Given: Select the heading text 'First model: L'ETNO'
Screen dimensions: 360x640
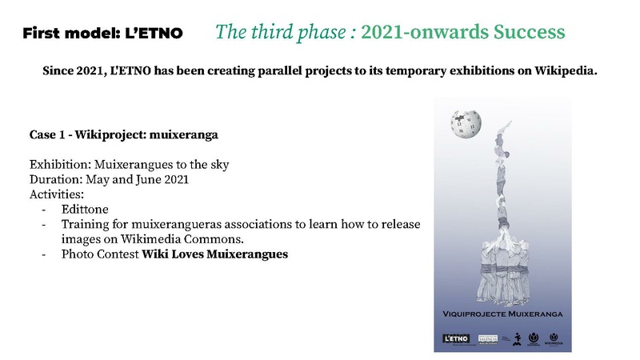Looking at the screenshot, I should (102, 34).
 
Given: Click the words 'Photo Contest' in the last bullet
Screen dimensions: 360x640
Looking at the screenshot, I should (100, 254).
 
